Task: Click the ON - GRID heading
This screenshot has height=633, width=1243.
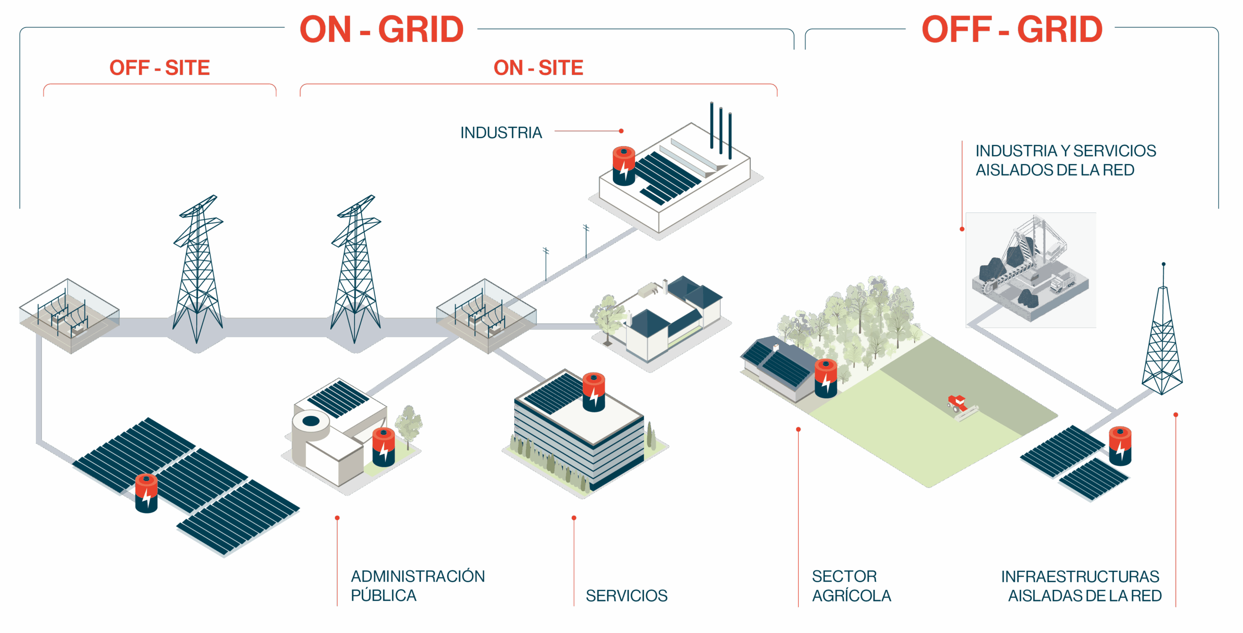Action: [x=382, y=29]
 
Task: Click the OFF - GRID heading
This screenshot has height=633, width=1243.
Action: [x=1012, y=29]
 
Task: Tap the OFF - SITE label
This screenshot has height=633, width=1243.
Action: [x=160, y=68]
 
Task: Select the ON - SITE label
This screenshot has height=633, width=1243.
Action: [x=538, y=68]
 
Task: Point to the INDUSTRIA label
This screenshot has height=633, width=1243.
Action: [x=501, y=133]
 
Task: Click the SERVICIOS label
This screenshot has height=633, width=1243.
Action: [x=626, y=596]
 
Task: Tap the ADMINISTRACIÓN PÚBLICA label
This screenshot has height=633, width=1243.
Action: [x=418, y=586]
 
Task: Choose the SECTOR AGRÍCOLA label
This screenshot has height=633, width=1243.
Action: [x=851, y=586]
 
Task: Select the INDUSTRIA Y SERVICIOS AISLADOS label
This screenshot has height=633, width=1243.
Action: [x=1065, y=160]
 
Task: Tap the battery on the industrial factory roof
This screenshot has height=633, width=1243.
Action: [x=624, y=166]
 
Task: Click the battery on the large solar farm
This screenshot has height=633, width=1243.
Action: [x=146, y=493]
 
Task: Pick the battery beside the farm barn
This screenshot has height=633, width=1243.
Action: [x=825, y=378]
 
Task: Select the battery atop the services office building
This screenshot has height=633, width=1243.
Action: [x=593, y=392]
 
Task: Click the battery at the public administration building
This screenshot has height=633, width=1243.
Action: [x=384, y=447]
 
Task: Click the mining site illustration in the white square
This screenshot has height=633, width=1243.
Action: [x=1030, y=270]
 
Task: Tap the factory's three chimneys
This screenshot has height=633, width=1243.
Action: [x=721, y=129]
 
